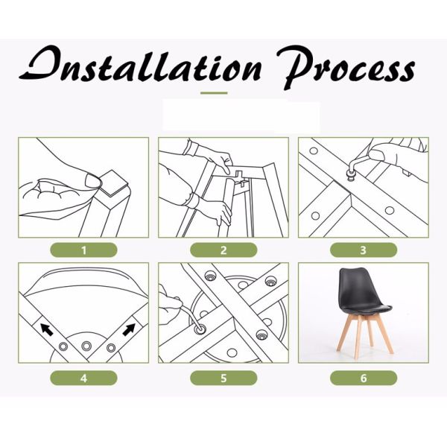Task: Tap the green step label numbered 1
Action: pyautogui.click(x=83, y=250)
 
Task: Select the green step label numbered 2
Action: pyautogui.click(x=223, y=250)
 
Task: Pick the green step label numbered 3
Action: pyautogui.click(x=364, y=250)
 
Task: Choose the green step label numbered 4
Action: pyautogui.click(x=83, y=378)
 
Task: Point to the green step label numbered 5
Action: pyautogui.click(x=223, y=378)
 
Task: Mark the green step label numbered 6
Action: pyautogui.click(x=364, y=378)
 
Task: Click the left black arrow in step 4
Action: pyautogui.click(x=47, y=329)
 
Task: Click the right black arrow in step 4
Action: pyautogui.click(x=129, y=329)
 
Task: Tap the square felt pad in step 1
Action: pyautogui.click(x=113, y=183)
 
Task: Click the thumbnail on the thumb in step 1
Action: pyautogui.click(x=92, y=181)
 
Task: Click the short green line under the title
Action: pyautogui.click(x=214, y=93)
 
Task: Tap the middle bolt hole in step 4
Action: pyautogui.click(x=86, y=346)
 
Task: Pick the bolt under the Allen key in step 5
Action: pyautogui.click(x=200, y=329)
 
